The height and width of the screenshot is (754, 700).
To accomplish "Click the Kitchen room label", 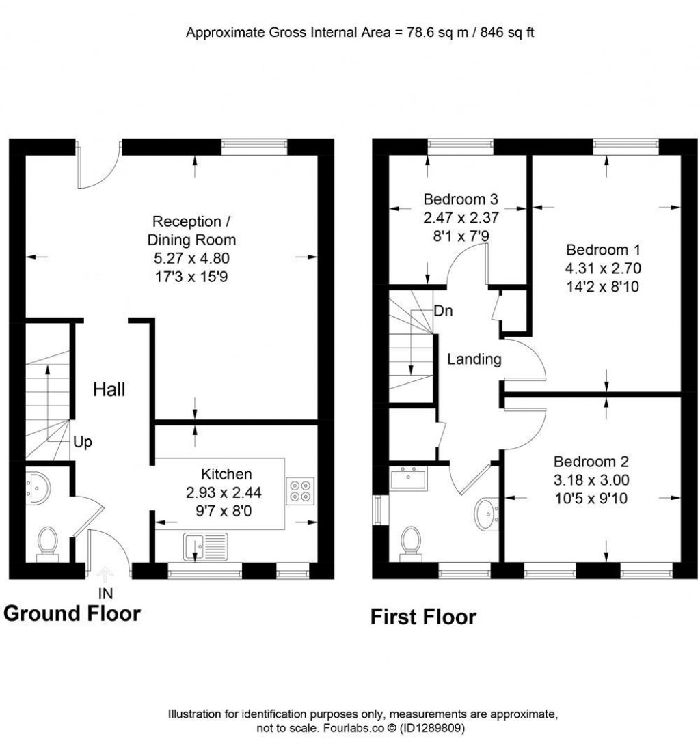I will click(226, 474).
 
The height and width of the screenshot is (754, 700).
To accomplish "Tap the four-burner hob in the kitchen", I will click(298, 492).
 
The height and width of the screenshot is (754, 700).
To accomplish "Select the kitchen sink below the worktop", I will click(204, 547).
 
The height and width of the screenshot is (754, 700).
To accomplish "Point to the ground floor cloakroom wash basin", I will click(38, 488).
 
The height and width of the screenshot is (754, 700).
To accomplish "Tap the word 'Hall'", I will click(109, 390).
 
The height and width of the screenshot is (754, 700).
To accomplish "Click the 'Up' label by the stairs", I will click(83, 442).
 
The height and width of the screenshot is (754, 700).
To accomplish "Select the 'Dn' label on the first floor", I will click(442, 310).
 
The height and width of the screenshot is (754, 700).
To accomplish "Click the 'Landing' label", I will click(474, 359).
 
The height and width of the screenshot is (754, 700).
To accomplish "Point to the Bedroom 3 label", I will click(461, 200).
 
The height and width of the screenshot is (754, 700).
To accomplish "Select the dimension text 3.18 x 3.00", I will click(591, 479).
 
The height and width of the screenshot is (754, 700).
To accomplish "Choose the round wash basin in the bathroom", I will click(487, 513).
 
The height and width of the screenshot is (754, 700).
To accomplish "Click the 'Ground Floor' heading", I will click(72, 613).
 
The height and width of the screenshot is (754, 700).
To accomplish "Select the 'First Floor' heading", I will click(423, 617).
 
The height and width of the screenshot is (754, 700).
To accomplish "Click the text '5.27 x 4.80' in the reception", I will click(195, 258).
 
